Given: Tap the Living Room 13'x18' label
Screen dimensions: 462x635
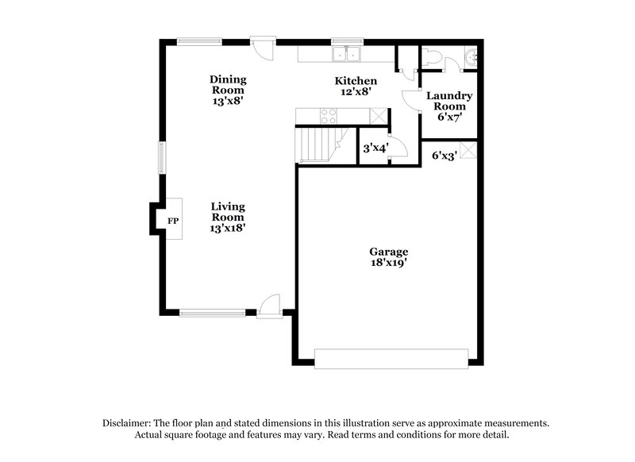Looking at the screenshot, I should pyautogui.click(x=227, y=217).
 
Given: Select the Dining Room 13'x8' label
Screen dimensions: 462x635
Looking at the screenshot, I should pyautogui.click(x=227, y=90).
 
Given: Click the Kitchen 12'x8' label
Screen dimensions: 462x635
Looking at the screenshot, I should pyautogui.click(x=355, y=86).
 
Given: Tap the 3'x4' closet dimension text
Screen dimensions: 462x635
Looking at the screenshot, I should pyautogui.click(x=375, y=148).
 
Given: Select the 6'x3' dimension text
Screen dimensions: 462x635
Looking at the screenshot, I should pyautogui.click(x=444, y=156).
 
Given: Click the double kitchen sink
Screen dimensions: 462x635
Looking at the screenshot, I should pyautogui.click(x=347, y=55).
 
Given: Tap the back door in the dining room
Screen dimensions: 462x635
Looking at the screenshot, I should pyautogui.click(x=262, y=44).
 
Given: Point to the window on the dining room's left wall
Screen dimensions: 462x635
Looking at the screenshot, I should pyautogui.click(x=162, y=157).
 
